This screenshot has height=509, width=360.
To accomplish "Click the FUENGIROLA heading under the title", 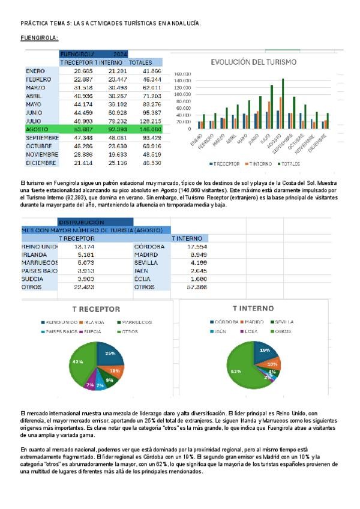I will (39, 38).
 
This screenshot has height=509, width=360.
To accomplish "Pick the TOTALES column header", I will (140, 62).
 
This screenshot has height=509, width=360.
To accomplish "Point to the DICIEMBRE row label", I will (41, 163).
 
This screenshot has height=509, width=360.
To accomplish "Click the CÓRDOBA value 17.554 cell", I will (197, 247).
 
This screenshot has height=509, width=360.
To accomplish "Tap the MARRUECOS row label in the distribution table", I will (39, 263).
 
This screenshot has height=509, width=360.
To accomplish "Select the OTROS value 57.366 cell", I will (197, 287).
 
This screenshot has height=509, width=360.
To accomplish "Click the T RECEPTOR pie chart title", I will (96, 309).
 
